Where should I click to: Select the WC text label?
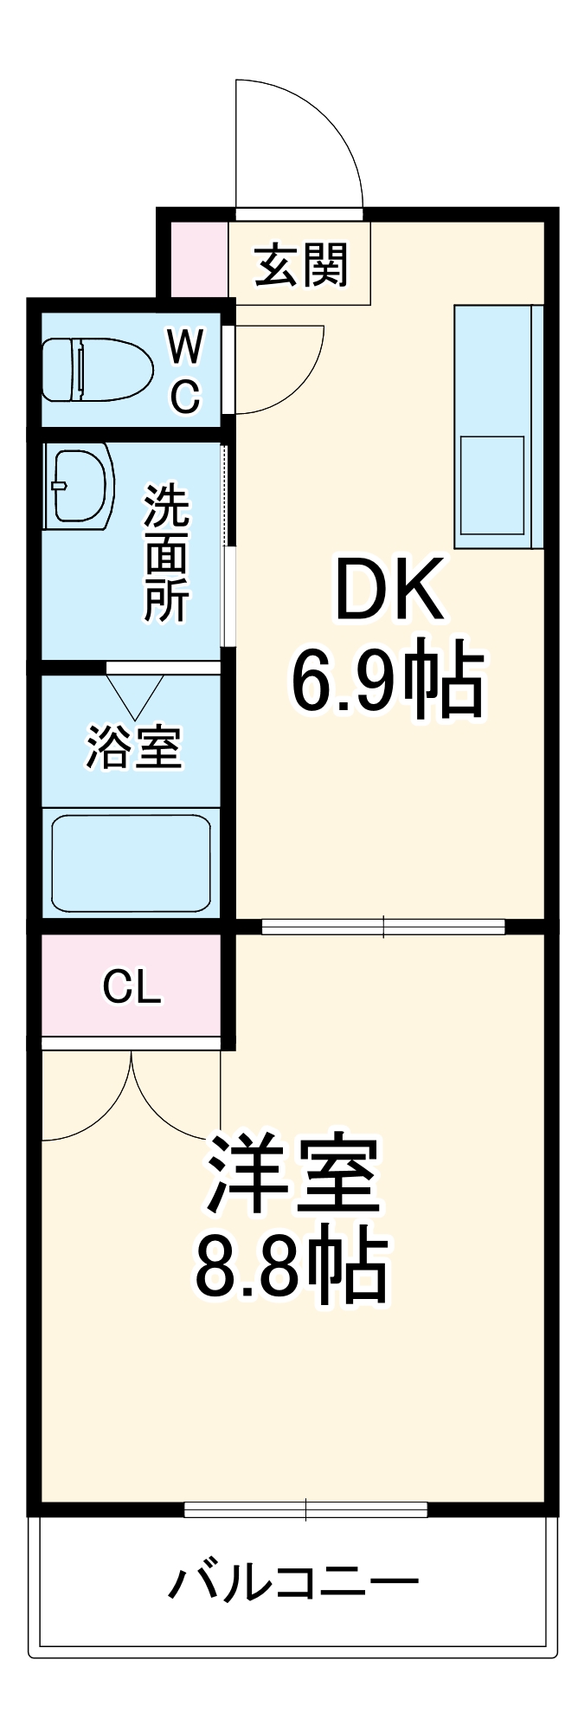185,372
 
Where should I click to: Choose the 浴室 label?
133,747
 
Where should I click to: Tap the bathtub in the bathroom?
131,863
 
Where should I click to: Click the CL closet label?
132,986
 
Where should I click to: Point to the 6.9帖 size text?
387,678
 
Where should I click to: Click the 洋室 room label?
292,1173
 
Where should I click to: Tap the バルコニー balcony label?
292,1582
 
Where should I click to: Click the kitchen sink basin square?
491,486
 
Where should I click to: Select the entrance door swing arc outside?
299,143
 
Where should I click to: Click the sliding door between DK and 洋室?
382,927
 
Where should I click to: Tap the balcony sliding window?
305,1509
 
